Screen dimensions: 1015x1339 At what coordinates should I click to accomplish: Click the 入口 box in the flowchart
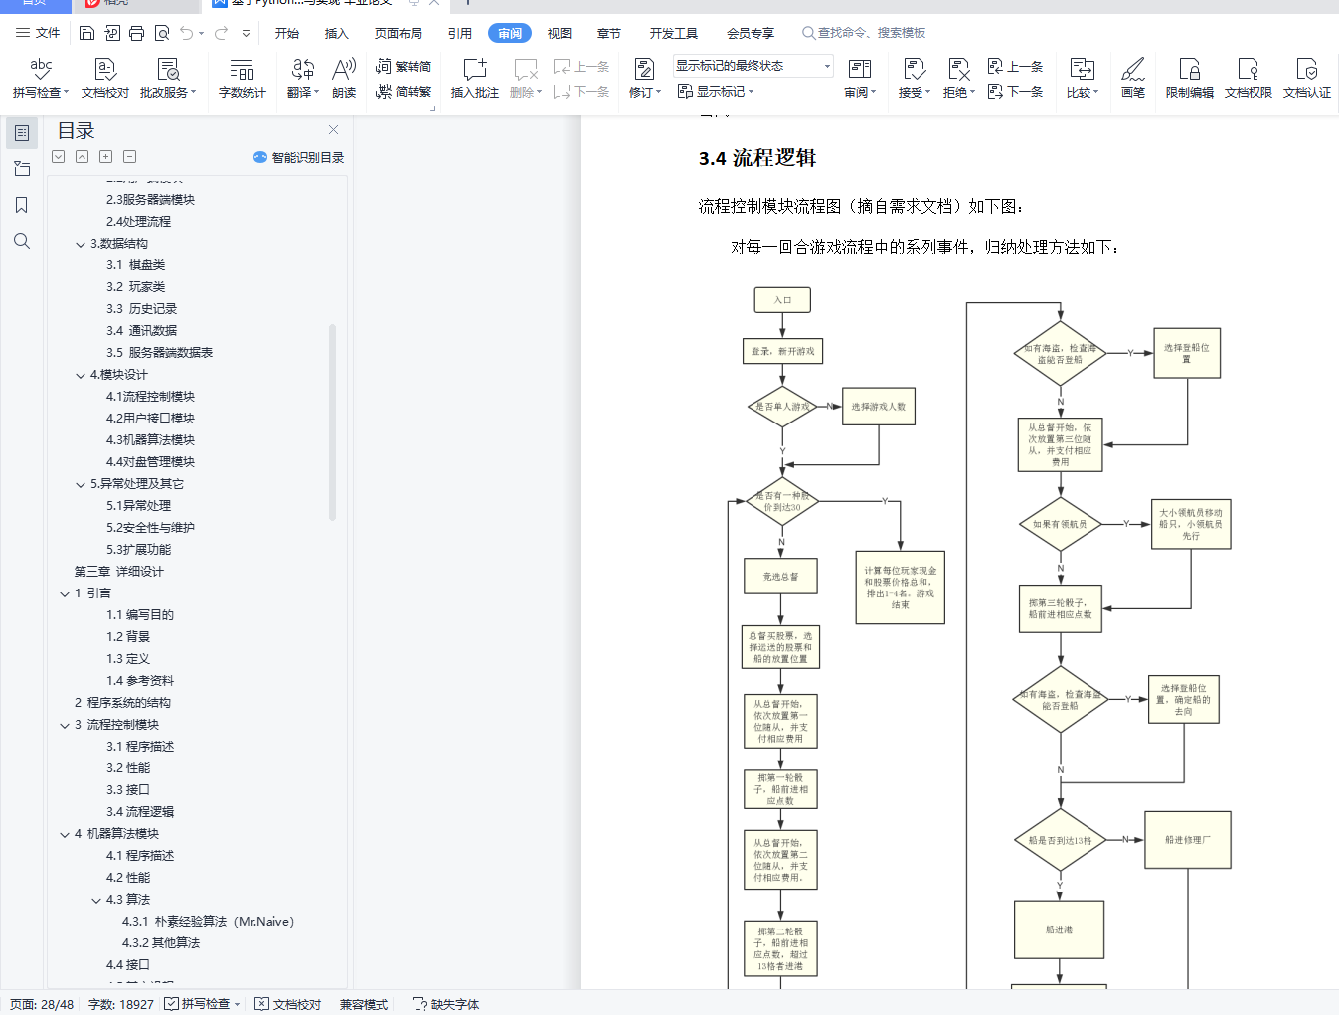[x=782, y=299]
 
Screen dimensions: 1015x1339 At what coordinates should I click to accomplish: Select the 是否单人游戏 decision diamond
[x=782, y=407]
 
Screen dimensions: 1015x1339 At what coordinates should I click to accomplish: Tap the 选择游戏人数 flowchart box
[x=879, y=407]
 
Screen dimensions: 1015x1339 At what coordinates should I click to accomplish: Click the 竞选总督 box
[x=781, y=577]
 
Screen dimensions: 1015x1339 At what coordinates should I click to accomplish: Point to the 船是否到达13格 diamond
[x=1060, y=840]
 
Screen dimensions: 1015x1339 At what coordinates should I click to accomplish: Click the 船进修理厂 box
[x=1188, y=840]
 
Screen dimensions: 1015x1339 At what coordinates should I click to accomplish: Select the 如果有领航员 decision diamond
[x=1060, y=524]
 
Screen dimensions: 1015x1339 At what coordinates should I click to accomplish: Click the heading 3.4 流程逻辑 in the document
[x=757, y=158]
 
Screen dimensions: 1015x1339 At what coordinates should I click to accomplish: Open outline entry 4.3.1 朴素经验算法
[x=208, y=922]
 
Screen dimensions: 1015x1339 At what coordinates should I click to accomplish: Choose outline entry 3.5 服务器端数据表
[x=159, y=353]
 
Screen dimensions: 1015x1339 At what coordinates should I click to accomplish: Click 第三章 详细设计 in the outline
[x=118, y=572]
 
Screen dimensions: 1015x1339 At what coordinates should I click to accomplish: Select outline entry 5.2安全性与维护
[x=150, y=528]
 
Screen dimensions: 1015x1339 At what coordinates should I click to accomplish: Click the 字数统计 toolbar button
[x=242, y=79]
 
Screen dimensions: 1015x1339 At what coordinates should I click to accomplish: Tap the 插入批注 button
[x=474, y=79]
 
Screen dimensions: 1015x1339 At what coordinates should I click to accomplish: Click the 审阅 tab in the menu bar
[x=510, y=33]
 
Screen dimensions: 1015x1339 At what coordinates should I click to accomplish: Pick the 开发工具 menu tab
[x=673, y=33]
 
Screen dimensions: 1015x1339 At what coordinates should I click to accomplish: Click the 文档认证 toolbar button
[x=1306, y=79]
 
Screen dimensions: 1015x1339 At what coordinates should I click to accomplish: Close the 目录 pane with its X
[x=334, y=130]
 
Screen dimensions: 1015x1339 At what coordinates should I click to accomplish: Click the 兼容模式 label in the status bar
[x=363, y=1004]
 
